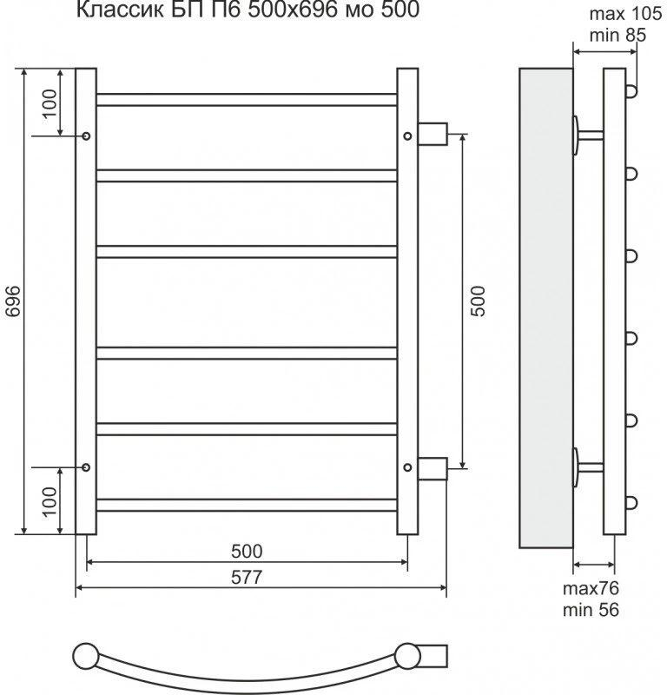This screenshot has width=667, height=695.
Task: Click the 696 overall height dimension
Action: pos(13,301)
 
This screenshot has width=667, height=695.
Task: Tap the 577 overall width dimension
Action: pos(247,578)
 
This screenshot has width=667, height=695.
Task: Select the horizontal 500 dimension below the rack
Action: pos(247,552)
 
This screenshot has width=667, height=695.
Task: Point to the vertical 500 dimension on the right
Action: pos(479,301)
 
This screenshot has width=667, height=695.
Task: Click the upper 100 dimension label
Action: pos(50,103)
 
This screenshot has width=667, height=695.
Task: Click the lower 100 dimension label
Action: pos(50,501)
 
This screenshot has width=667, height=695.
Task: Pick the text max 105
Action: pos(625,14)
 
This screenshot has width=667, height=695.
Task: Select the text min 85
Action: pos(617,35)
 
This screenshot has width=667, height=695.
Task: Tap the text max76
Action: pos(591,589)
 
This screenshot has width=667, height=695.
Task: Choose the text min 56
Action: pos(591,610)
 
